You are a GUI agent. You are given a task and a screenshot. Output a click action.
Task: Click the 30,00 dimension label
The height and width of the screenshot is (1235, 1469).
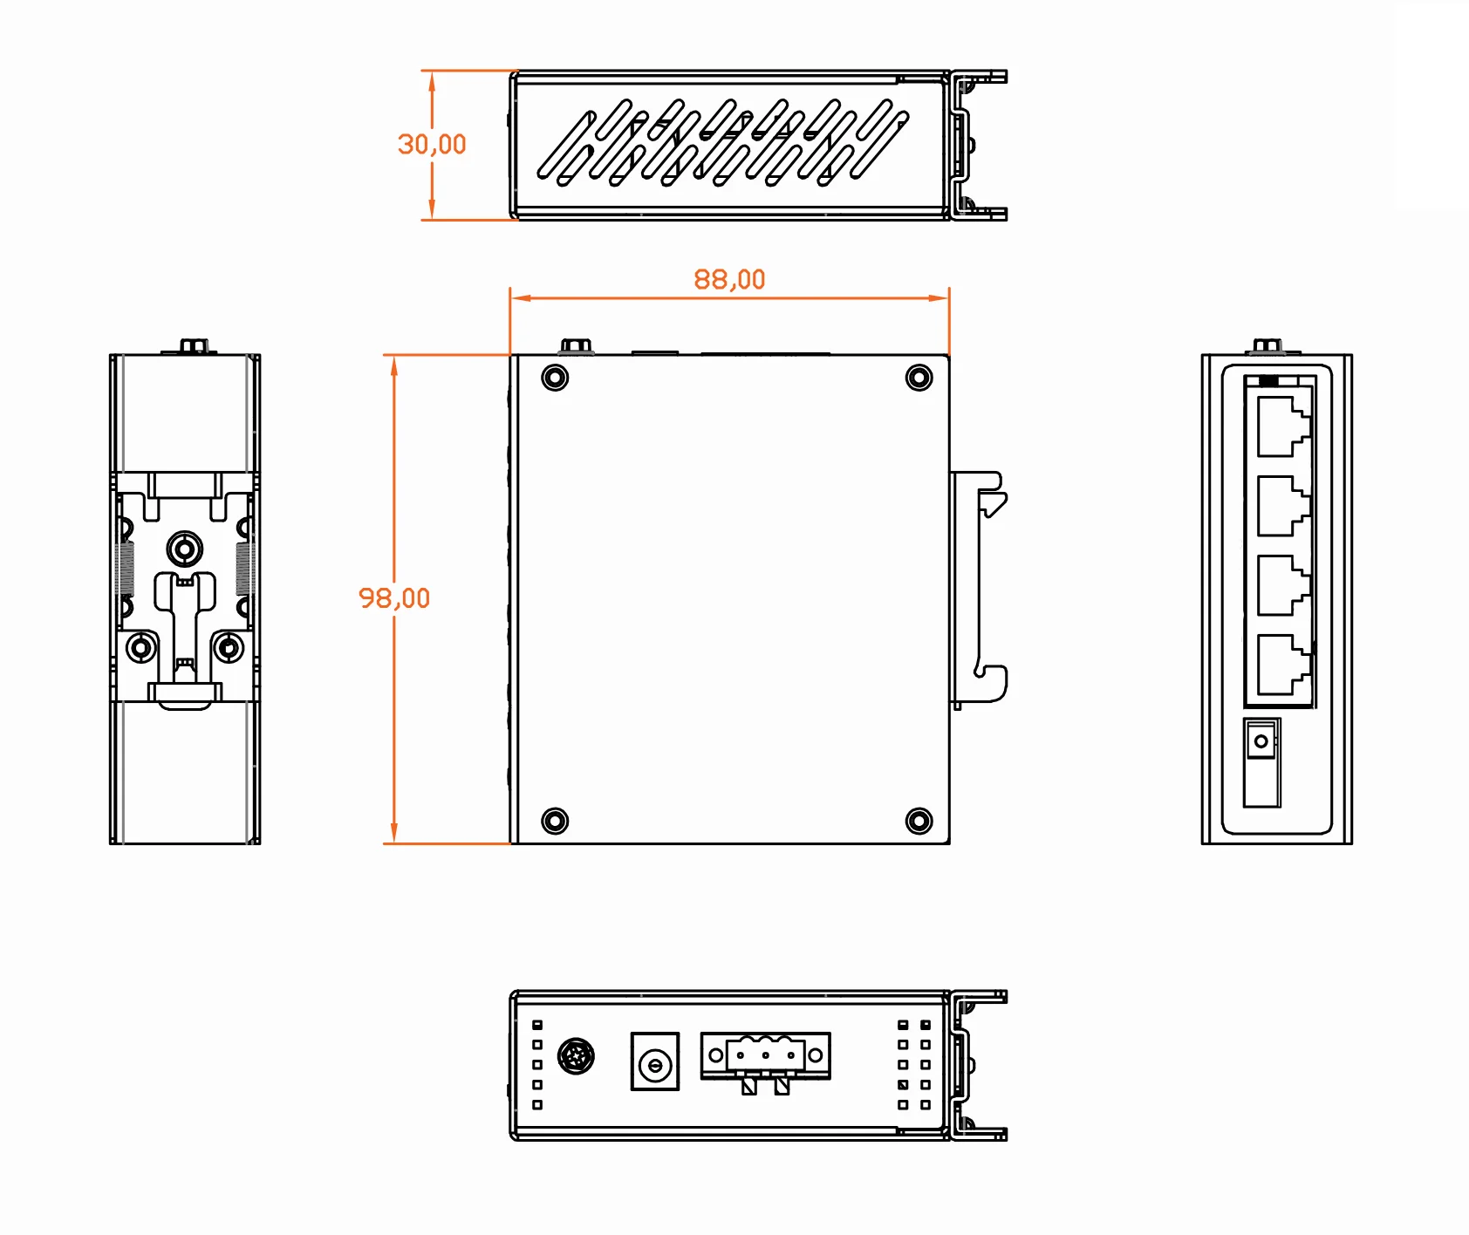[x=432, y=144]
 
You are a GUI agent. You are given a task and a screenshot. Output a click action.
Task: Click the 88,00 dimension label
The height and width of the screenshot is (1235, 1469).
[x=729, y=279]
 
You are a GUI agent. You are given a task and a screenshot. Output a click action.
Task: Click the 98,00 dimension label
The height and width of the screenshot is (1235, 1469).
[x=394, y=598]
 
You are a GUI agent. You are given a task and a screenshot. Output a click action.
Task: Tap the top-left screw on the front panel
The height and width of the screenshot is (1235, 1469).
[x=555, y=378]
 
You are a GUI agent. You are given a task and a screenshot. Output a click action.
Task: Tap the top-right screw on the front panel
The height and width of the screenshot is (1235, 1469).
[x=919, y=378]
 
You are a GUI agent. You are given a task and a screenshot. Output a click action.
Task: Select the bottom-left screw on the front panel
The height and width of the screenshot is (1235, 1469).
[x=555, y=821]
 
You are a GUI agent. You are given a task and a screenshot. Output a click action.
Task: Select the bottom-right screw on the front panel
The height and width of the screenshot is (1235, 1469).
[x=919, y=821]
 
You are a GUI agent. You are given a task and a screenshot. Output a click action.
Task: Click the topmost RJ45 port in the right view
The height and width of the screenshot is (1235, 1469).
[x=1282, y=426]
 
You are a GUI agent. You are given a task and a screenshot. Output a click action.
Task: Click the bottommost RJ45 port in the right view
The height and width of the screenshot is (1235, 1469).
[x=1282, y=665]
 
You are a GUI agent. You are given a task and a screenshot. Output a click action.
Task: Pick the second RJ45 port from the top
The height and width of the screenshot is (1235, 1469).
[x=1282, y=506]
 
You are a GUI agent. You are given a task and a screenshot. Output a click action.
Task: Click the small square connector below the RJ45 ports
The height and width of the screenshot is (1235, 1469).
[x=1261, y=740]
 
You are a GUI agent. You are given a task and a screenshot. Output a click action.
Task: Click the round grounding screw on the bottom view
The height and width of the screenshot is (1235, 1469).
[x=576, y=1056]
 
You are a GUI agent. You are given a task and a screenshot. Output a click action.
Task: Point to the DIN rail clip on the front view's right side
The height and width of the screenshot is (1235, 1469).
[x=979, y=589]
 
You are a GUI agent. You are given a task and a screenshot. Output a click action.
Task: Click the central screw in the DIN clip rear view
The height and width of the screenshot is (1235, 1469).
[x=184, y=549]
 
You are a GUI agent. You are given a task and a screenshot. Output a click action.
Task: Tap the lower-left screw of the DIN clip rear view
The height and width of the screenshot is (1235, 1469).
[x=141, y=648]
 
